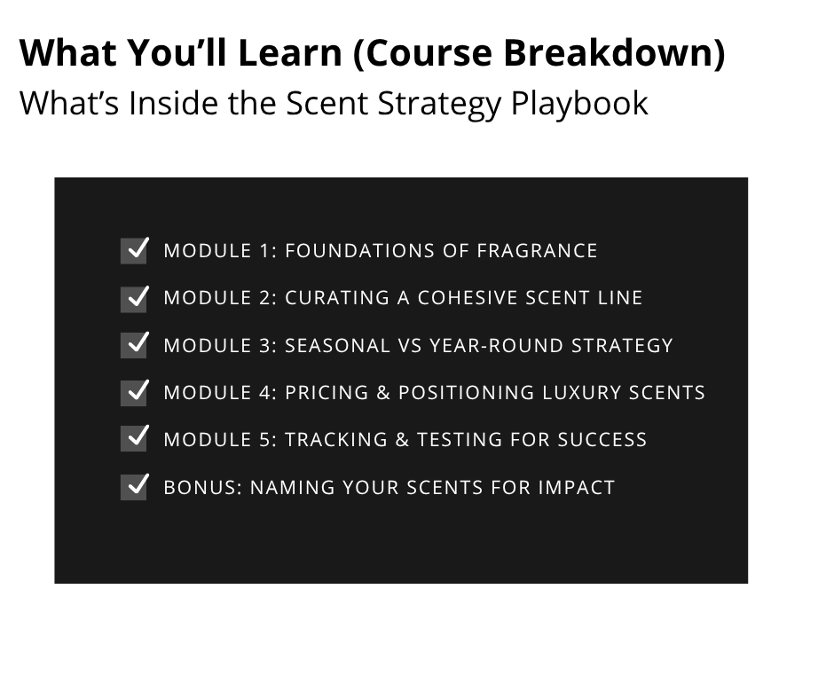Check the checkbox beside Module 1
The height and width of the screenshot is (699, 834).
134,251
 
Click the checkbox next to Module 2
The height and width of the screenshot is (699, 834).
134,298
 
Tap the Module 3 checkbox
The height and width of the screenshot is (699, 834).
134,345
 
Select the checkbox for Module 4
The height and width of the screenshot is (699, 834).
134,392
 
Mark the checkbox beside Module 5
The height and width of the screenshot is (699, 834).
134,439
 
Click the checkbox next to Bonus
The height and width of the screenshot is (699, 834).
134,487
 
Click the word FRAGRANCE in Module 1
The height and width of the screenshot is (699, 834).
537,251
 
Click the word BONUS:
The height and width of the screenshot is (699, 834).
202,487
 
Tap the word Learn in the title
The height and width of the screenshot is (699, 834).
289,53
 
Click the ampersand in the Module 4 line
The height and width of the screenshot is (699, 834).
382,392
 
